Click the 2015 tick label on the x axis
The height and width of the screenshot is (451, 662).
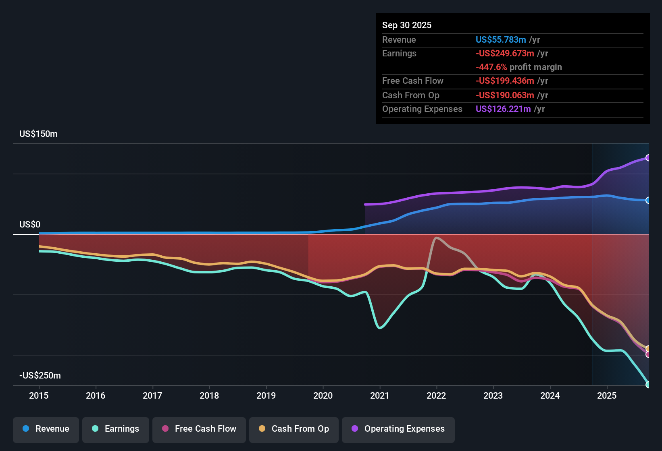click(x=39, y=395)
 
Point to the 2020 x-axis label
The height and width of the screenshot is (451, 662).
click(x=323, y=395)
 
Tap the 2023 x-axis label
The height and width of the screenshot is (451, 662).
click(x=493, y=395)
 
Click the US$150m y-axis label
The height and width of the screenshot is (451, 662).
click(x=38, y=134)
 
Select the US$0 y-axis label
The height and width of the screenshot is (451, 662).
click(x=30, y=225)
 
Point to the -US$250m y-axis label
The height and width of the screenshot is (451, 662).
click(x=40, y=375)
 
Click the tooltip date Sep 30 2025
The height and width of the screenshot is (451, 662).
click(x=407, y=25)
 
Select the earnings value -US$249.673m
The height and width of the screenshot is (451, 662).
click(x=505, y=54)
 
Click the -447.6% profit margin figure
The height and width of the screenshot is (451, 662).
click(x=491, y=67)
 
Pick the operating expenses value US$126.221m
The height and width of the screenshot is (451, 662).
click(x=503, y=109)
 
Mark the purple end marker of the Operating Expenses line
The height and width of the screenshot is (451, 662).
click(x=648, y=158)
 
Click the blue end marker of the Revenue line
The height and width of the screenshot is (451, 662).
click(x=648, y=201)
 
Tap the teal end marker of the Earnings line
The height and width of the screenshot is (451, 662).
click(x=648, y=385)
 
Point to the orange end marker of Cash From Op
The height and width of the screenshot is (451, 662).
click(x=648, y=349)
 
